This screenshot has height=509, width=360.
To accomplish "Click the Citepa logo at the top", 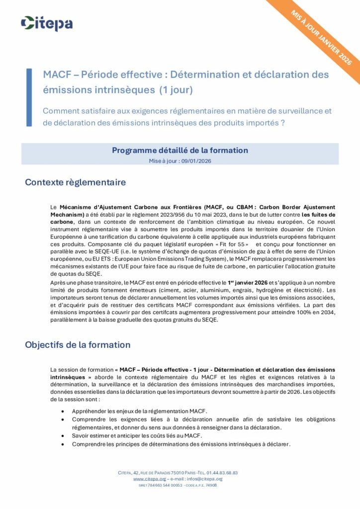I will (47, 23).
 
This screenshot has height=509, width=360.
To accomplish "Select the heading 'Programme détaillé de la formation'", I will (180, 150).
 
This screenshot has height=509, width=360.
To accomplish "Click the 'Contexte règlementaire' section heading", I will (75, 182).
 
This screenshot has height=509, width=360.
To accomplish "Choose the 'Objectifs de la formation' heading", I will (78, 344).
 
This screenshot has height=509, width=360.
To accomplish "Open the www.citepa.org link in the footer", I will (149, 479).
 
